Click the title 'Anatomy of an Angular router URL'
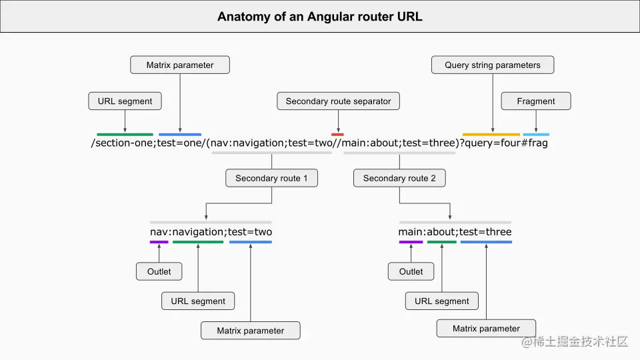[319, 17]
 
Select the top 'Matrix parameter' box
[180, 65]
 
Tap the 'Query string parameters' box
[492, 65]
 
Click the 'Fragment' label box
[535, 101]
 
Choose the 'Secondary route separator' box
[338, 101]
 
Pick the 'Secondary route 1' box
[271, 178]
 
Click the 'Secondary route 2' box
[399, 178]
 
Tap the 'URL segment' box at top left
[125, 101]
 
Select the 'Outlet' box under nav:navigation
[159, 271]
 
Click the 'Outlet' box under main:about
[411, 271]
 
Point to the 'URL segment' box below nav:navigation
[198, 301]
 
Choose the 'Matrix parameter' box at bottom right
[486, 329]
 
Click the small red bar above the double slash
[337, 135]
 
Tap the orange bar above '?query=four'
[491, 135]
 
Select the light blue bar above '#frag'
[536, 135]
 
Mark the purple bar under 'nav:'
[159, 242]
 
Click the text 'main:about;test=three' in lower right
[455, 232]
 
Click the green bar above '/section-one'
[125, 135]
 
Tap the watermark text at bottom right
[575, 342]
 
